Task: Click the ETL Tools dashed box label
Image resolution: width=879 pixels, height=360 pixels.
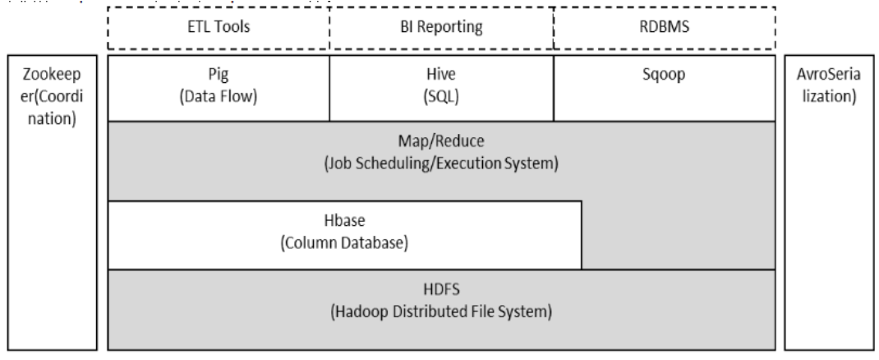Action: (219, 26)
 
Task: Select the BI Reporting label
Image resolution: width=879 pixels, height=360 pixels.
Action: (441, 26)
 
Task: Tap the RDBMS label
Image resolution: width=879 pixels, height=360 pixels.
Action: (665, 26)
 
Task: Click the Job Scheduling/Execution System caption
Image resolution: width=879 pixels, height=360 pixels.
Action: (442, 164)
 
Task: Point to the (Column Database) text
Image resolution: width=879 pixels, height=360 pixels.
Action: (344, 243)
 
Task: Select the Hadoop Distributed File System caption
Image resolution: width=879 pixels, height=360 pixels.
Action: (442, 312)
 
